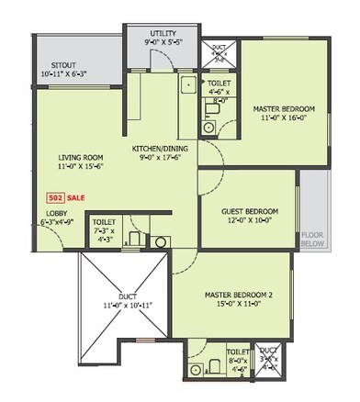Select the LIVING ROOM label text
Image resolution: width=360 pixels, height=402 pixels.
[x=79, y=157]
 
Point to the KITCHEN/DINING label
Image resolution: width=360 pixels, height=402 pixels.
[x=162, y=148]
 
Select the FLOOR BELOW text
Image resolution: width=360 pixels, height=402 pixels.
[x=313, y=240]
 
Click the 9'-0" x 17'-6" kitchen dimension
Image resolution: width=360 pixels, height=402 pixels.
[x=162, y=158]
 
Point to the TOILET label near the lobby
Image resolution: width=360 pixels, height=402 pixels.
[x=104, y=222]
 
